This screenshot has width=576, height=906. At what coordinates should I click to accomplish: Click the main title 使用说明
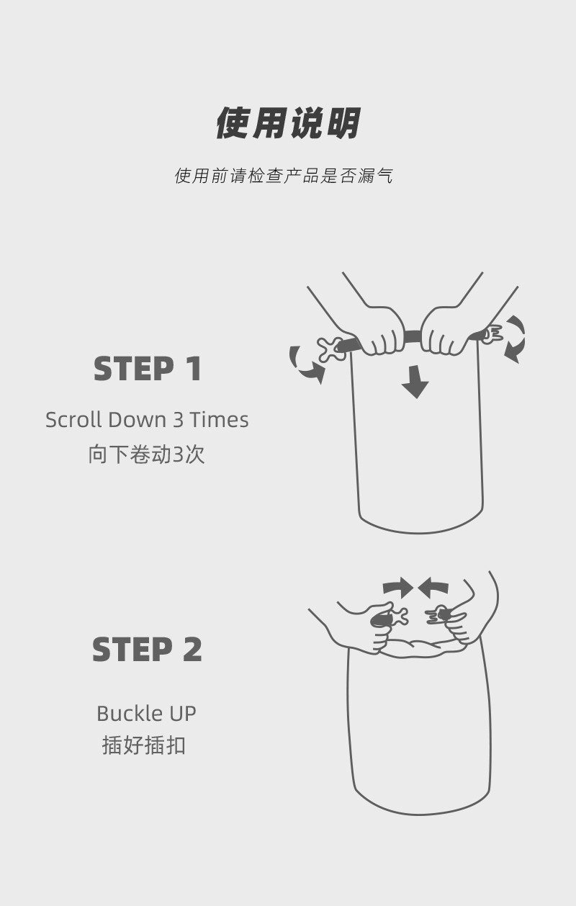pos(288,123)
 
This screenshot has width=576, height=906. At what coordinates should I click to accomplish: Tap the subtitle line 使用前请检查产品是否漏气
pos(284,176)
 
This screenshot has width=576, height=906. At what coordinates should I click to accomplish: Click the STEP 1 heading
pos(147,369)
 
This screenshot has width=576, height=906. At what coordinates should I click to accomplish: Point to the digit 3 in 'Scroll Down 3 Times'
pos(179,420)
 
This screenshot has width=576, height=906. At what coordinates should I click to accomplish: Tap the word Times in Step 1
pos(219,419)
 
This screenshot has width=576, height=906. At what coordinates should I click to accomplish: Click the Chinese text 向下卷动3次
pos(146,454)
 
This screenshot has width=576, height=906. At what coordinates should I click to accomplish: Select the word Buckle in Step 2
pos(130,714)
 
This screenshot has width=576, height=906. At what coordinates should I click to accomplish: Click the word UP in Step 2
pos(183,714)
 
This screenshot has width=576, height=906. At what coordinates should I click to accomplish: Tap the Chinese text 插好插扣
pos(144,745)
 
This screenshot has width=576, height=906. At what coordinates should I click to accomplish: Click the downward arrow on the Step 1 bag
pos(415,382)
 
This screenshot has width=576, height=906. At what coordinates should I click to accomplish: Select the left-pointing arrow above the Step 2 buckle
pos(433,588)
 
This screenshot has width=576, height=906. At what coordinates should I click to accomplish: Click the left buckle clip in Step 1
pos(330,349)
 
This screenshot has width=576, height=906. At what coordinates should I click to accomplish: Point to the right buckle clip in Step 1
pos(492,334)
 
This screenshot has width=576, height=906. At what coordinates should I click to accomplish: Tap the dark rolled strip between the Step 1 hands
pos(413,336)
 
